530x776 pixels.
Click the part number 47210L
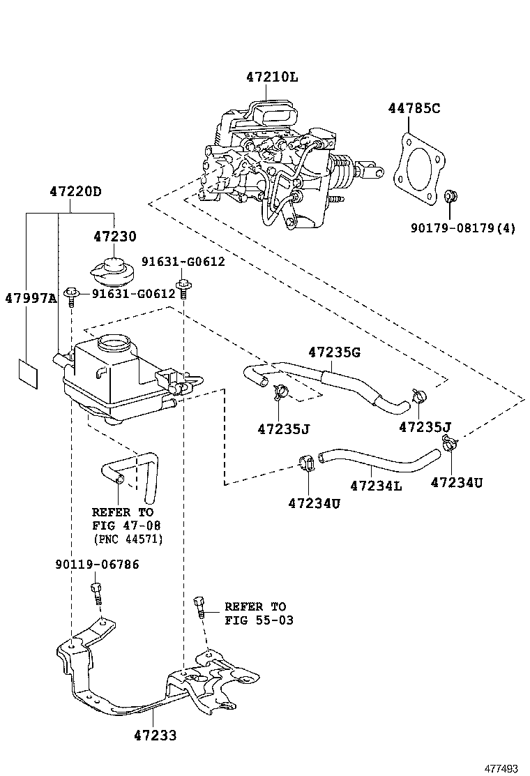271,77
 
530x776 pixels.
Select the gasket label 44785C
414,108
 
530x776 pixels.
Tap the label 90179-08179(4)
464,227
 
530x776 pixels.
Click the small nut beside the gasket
450,196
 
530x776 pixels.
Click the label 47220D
75,191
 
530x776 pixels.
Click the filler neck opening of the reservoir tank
113,343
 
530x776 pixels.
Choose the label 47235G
334,352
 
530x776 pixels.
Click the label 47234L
376,485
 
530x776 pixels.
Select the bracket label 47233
155,735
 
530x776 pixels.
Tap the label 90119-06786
96,564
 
